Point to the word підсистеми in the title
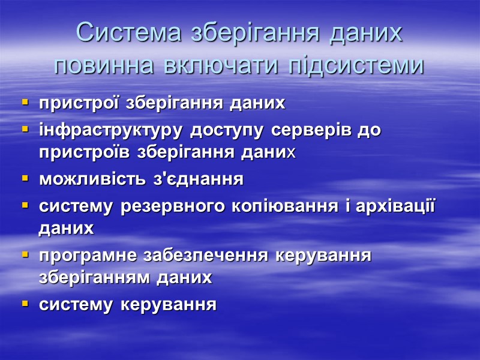click(x=354, y=64)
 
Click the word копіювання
click(x=294, y=206)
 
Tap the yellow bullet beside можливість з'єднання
click(x=25, y=179)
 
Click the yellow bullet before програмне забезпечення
click(x=25, y=254)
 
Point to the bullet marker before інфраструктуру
click(x=25, y=130)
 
